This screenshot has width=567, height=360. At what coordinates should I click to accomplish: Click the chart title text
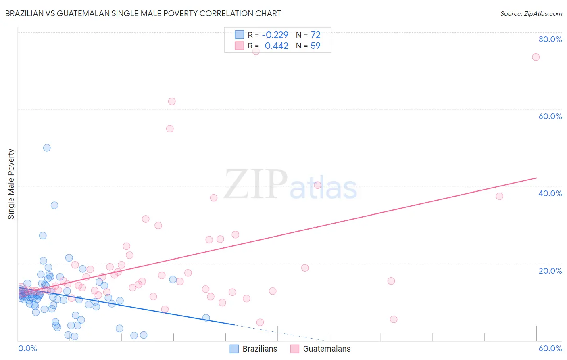[x=143, y=13]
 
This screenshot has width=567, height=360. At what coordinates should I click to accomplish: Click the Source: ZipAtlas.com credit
[x=531, y=14]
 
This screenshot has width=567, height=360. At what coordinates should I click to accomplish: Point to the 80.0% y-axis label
[x=550, y=39]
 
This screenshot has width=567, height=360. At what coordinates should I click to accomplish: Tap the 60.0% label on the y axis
[x=550, y=116]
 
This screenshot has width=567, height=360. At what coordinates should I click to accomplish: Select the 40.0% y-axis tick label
[x=550, y=193]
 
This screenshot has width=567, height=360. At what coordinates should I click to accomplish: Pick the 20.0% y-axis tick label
[x=550, y=271]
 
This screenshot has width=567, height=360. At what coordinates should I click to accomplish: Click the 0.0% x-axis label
[x=27, y=348]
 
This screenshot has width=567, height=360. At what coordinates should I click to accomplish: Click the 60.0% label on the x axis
[x=550, y=348]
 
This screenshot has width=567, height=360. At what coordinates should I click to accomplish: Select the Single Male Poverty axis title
[x=11, y=184]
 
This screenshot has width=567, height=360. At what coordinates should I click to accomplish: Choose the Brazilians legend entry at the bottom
[x=254, y=349]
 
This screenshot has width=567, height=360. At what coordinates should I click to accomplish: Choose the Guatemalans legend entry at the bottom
[x=321, y=349]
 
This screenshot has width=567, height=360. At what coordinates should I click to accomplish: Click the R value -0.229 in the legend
[x=275, y=35]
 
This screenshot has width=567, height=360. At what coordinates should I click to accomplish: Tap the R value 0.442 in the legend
[x=276, y=46]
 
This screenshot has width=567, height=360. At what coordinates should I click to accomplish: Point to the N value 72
[x=315, y=35]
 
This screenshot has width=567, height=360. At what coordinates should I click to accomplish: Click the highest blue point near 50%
[x=47, y=148]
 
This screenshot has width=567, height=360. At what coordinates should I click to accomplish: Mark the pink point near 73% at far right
[x=536, y=57]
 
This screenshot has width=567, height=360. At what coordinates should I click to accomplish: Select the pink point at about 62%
[x=172, y=101]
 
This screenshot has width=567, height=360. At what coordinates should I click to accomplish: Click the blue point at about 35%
[x=54, y=205]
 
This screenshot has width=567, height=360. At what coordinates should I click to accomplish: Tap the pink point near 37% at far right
[x=499, y=196]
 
